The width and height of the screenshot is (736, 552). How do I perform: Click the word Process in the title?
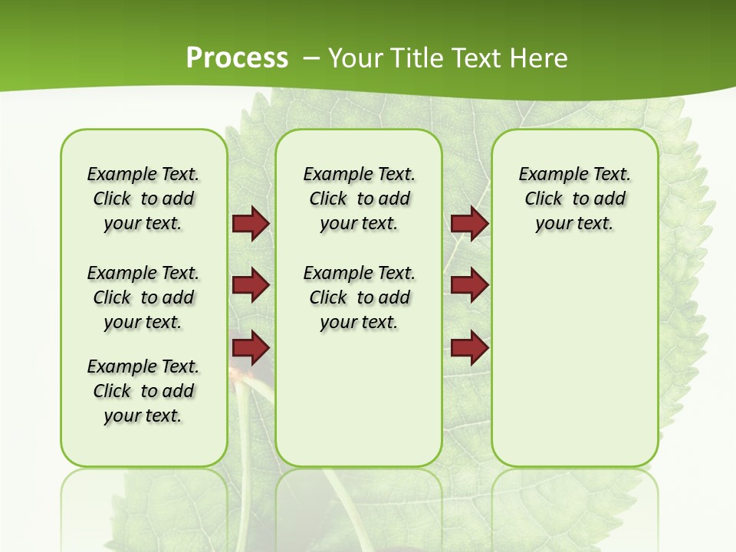[237, 58]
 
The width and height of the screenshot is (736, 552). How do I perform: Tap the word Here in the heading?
[540, 58]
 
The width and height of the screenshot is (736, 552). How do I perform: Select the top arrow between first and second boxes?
[251, 224]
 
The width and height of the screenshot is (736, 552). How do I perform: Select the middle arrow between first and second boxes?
[251, 285]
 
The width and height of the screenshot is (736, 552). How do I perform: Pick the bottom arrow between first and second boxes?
[251, 348]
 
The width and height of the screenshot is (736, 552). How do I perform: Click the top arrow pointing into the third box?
[469, 224]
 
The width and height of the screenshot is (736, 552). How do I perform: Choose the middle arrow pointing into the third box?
[469, 285]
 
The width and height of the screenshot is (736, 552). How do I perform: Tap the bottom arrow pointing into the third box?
[469, 348]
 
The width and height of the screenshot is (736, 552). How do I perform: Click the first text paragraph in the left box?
[143, 199]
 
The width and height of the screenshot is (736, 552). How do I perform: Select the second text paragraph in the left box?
[143, 297]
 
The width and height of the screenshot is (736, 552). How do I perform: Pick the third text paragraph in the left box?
[143, 391]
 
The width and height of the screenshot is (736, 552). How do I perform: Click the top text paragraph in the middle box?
[359, 199]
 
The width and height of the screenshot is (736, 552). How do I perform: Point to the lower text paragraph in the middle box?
[359, 297]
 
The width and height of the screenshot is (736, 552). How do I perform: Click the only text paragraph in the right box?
[574, 199]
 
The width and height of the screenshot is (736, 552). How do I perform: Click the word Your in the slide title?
[356, 58]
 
